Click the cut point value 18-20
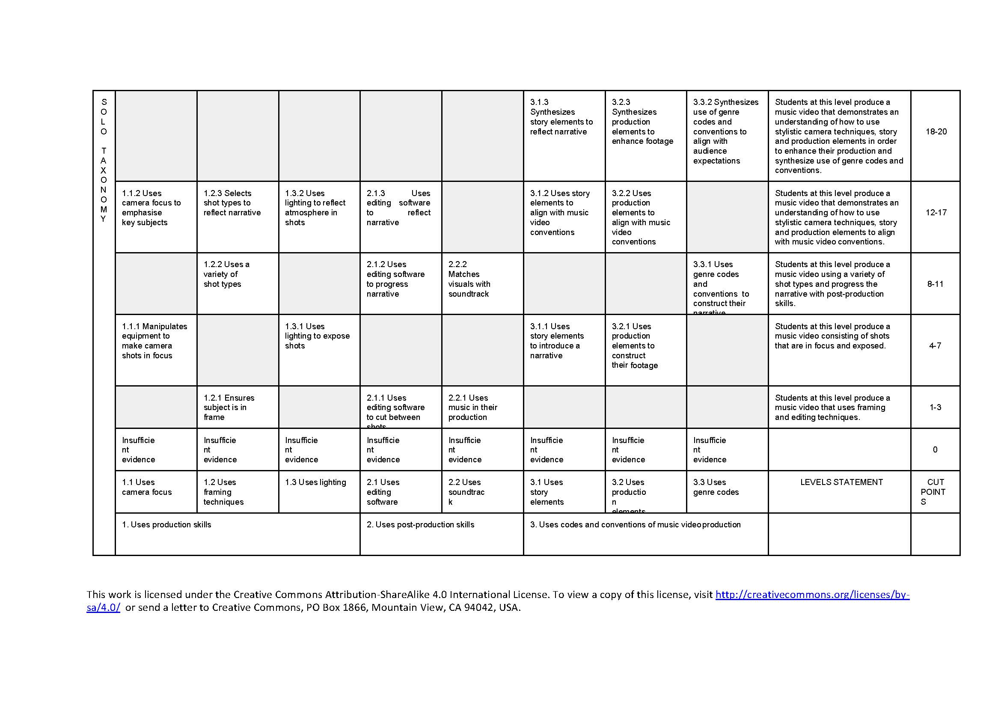[x=936, y=132]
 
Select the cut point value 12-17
[x=936, y=213]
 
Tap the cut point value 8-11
[x=935, y=284]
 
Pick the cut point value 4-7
[x=935, y=346]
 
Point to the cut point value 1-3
[x=935, y=408]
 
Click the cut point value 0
[x=935, y=450]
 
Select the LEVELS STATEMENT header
[x=841, y=482]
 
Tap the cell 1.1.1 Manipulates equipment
[x=154, y=341]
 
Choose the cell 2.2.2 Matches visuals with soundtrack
[x=469, y=279]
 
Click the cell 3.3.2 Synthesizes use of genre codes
[x=725, y=132]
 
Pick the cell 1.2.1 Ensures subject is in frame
[x=229, y=408]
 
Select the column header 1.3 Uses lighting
[x=315, y=482]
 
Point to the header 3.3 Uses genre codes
[x=716, y=488]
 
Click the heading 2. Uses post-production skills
[x=420, y=525]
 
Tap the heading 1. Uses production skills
[x=166, y=525]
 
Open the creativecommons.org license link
[x=812, y=595]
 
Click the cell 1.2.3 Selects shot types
[x=232, y=203]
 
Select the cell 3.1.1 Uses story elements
[x=556, y=341]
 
